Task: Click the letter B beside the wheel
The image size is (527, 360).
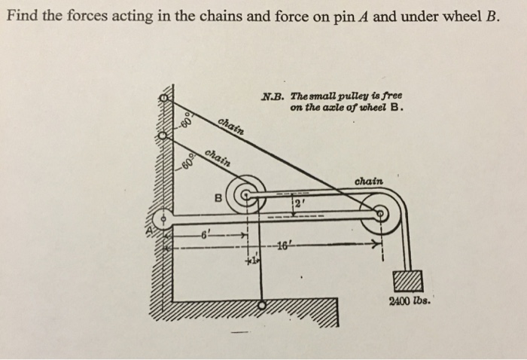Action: click(x=219, y=200)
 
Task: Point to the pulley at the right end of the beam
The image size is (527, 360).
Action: click(x=382, y=213)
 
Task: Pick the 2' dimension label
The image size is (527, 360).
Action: click(x=298, y=205)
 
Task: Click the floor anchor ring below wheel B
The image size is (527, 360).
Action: click(x=260, y=306)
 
